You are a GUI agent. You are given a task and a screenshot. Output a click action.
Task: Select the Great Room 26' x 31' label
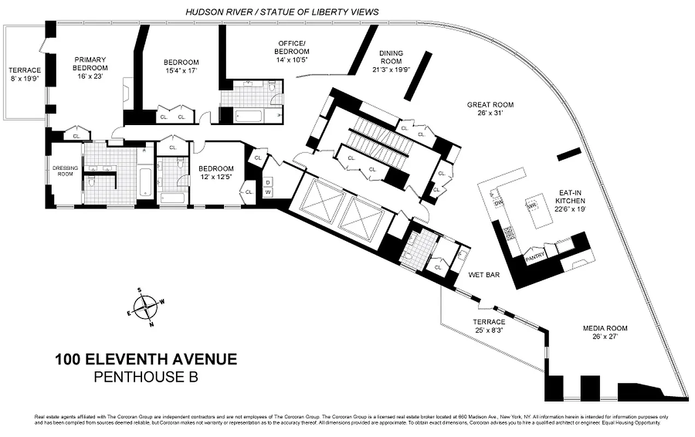click(490, 109)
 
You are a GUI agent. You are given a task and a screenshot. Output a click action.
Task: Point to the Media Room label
click(604, 332)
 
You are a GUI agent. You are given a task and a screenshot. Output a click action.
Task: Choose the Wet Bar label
click(485, 275)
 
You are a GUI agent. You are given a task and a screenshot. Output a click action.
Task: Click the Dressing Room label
click(65, 170)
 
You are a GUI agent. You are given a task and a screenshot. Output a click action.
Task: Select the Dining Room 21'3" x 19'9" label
click(391, 61)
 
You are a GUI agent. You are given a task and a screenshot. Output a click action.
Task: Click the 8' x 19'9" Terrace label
click(25, 74)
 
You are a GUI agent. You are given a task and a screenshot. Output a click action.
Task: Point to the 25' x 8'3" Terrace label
click(489, 326)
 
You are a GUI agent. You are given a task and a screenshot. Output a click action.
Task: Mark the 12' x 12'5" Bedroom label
click(216, 172)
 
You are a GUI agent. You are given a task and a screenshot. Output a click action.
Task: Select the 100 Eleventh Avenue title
click(146, 359)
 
